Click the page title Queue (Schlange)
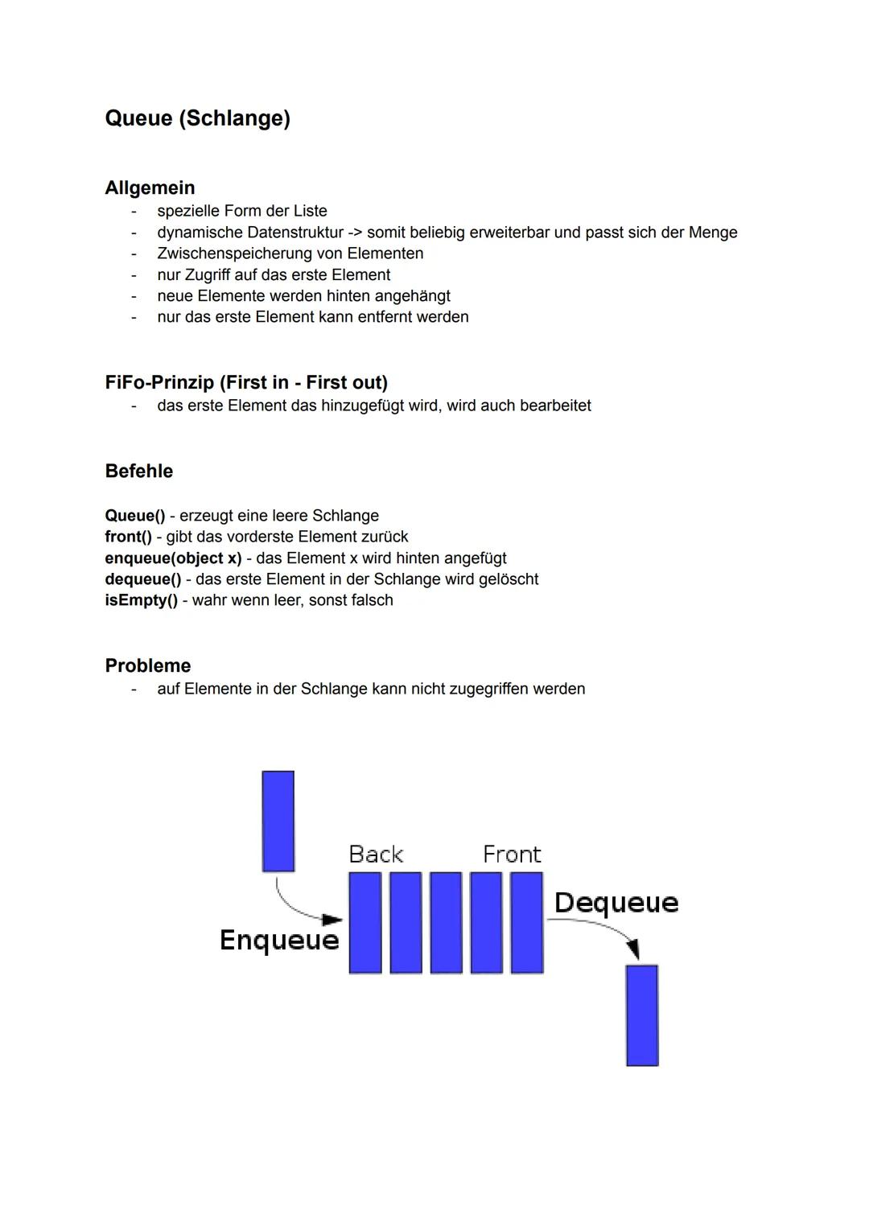point(197,118)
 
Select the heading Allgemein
point(150,187)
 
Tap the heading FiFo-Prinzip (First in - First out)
point(246,382)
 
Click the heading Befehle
point(138,471)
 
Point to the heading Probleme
point(147,665)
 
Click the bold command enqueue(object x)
point(173,558)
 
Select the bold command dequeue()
point(143,579)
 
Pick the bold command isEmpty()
point(141,600)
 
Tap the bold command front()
point(128,537)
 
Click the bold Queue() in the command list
point(134,516)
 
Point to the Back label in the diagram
point(376,854)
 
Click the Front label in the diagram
point(512,854)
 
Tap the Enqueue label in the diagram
point(279,940)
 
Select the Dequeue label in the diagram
point(616,903)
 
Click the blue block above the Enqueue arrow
point(278,821)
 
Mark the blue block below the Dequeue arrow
point(642,1015)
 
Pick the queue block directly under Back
point(365,923)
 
